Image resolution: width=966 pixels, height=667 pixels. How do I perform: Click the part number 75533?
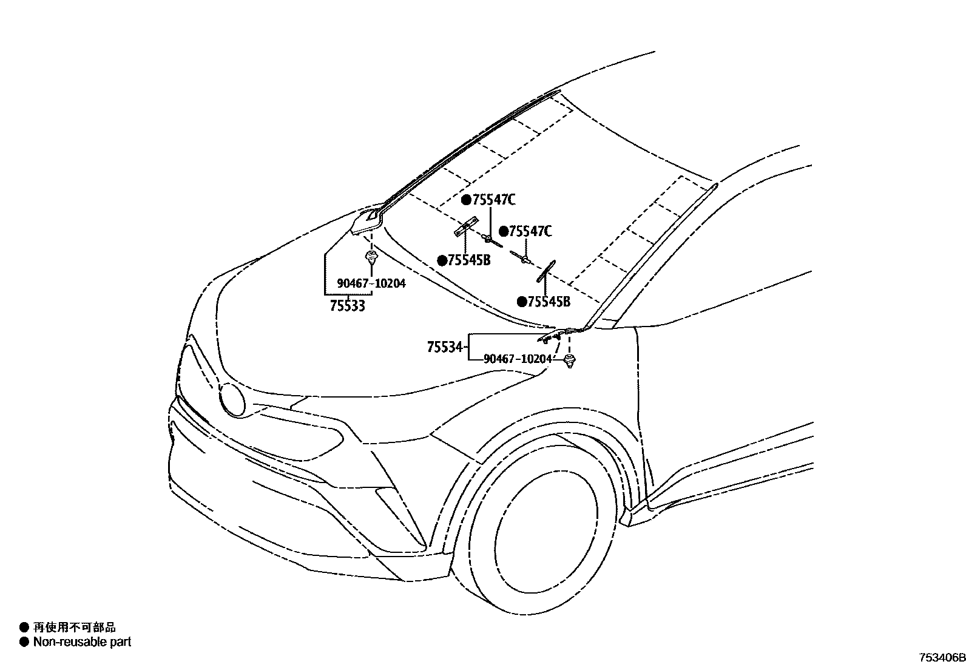pos(348,306)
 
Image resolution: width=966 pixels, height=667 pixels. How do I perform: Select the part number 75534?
pos(445,348)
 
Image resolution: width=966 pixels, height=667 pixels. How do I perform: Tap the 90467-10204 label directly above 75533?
pos(371,283)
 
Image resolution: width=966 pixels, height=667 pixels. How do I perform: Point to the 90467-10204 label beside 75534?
pos(518,359)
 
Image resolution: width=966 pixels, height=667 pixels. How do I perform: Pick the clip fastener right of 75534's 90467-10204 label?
pos(569,362)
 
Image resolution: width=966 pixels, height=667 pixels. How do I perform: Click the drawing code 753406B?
pos(941,657)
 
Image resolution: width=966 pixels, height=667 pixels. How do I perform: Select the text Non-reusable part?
pos(82,642)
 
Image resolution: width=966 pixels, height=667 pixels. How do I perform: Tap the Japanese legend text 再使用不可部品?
pos(74,628)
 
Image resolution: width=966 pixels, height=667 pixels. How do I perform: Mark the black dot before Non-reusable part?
pos(24,642)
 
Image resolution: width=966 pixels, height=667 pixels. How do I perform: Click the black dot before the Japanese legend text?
pos(24,628)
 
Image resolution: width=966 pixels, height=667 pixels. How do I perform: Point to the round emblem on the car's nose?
pos(232,400)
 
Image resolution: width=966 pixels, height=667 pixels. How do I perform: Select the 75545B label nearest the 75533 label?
pos(469,260)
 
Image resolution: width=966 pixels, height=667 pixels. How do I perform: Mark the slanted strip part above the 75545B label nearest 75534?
pos(545,271)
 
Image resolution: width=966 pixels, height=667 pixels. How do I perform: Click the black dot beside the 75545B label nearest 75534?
pos(522,302)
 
